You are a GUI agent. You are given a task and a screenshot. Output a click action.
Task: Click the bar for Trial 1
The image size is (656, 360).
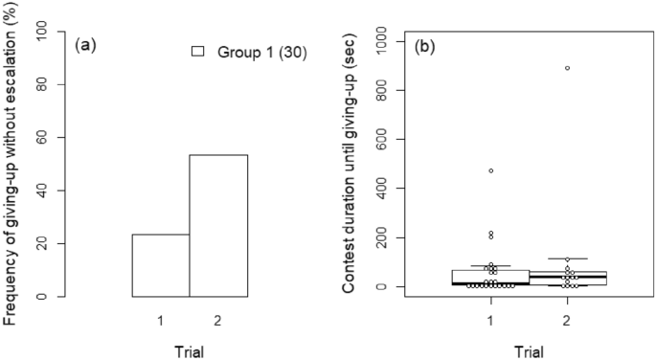tap(160, 265)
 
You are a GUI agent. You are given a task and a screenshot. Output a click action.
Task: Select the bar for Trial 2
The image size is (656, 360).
tap(218, 225)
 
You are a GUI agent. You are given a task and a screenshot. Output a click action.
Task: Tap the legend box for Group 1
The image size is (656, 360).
tap(199, 52)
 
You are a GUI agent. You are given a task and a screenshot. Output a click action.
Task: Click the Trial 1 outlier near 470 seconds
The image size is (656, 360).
tap(490, 170)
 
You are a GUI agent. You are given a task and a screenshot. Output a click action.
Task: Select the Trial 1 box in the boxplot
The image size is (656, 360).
tap(490, 278)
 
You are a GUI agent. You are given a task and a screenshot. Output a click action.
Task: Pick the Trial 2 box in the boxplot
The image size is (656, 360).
tap(567, 278)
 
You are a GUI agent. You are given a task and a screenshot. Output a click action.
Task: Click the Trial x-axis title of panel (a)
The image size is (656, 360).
tap(190, 349)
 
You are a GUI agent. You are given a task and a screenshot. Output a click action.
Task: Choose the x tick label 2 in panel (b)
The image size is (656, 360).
tap(567, 320)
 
